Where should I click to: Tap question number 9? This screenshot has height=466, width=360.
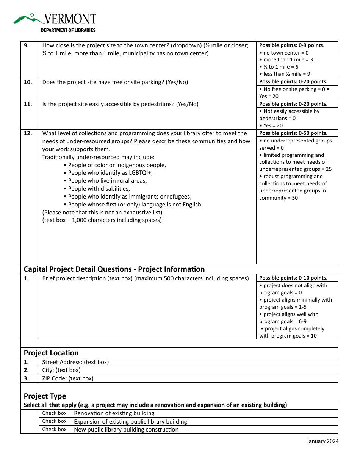pyautogui.click(x=26, y=45)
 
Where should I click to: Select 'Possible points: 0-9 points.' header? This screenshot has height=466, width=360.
pyautogui.click(x=292, y=45)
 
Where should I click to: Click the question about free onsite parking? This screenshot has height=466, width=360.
pyautogui.click(x=115, y=82)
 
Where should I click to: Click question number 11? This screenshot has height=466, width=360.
pyautogui.click(x=28, y=104)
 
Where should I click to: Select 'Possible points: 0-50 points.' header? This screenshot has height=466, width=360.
pyautogui.click(x=293, y=133)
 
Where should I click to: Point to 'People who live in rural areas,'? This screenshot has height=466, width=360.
pyautogui.click(x=107, y=181)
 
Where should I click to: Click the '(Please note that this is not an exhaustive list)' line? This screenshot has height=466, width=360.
pyautogui.click(x=102, y=212)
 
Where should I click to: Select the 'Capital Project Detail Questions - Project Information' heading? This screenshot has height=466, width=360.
pyautogui.click(x=114, y=269)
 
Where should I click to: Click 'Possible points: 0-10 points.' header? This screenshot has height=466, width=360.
pyautogui.click(x=293, y=278)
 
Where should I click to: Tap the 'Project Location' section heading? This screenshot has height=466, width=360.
pyautogui.click(x=51, y=353)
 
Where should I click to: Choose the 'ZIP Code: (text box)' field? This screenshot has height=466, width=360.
pyautogui.click(x=67, y=378)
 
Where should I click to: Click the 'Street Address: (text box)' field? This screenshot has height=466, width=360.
pyautogui.click(x=75, y=362)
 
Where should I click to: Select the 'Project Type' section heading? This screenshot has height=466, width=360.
pyautogui.click(x=45, y=396)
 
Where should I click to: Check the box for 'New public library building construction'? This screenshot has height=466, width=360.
pyautogui.click(x=54, y=430)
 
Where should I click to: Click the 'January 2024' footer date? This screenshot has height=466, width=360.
pyautogui.click(x=322, y=441)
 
